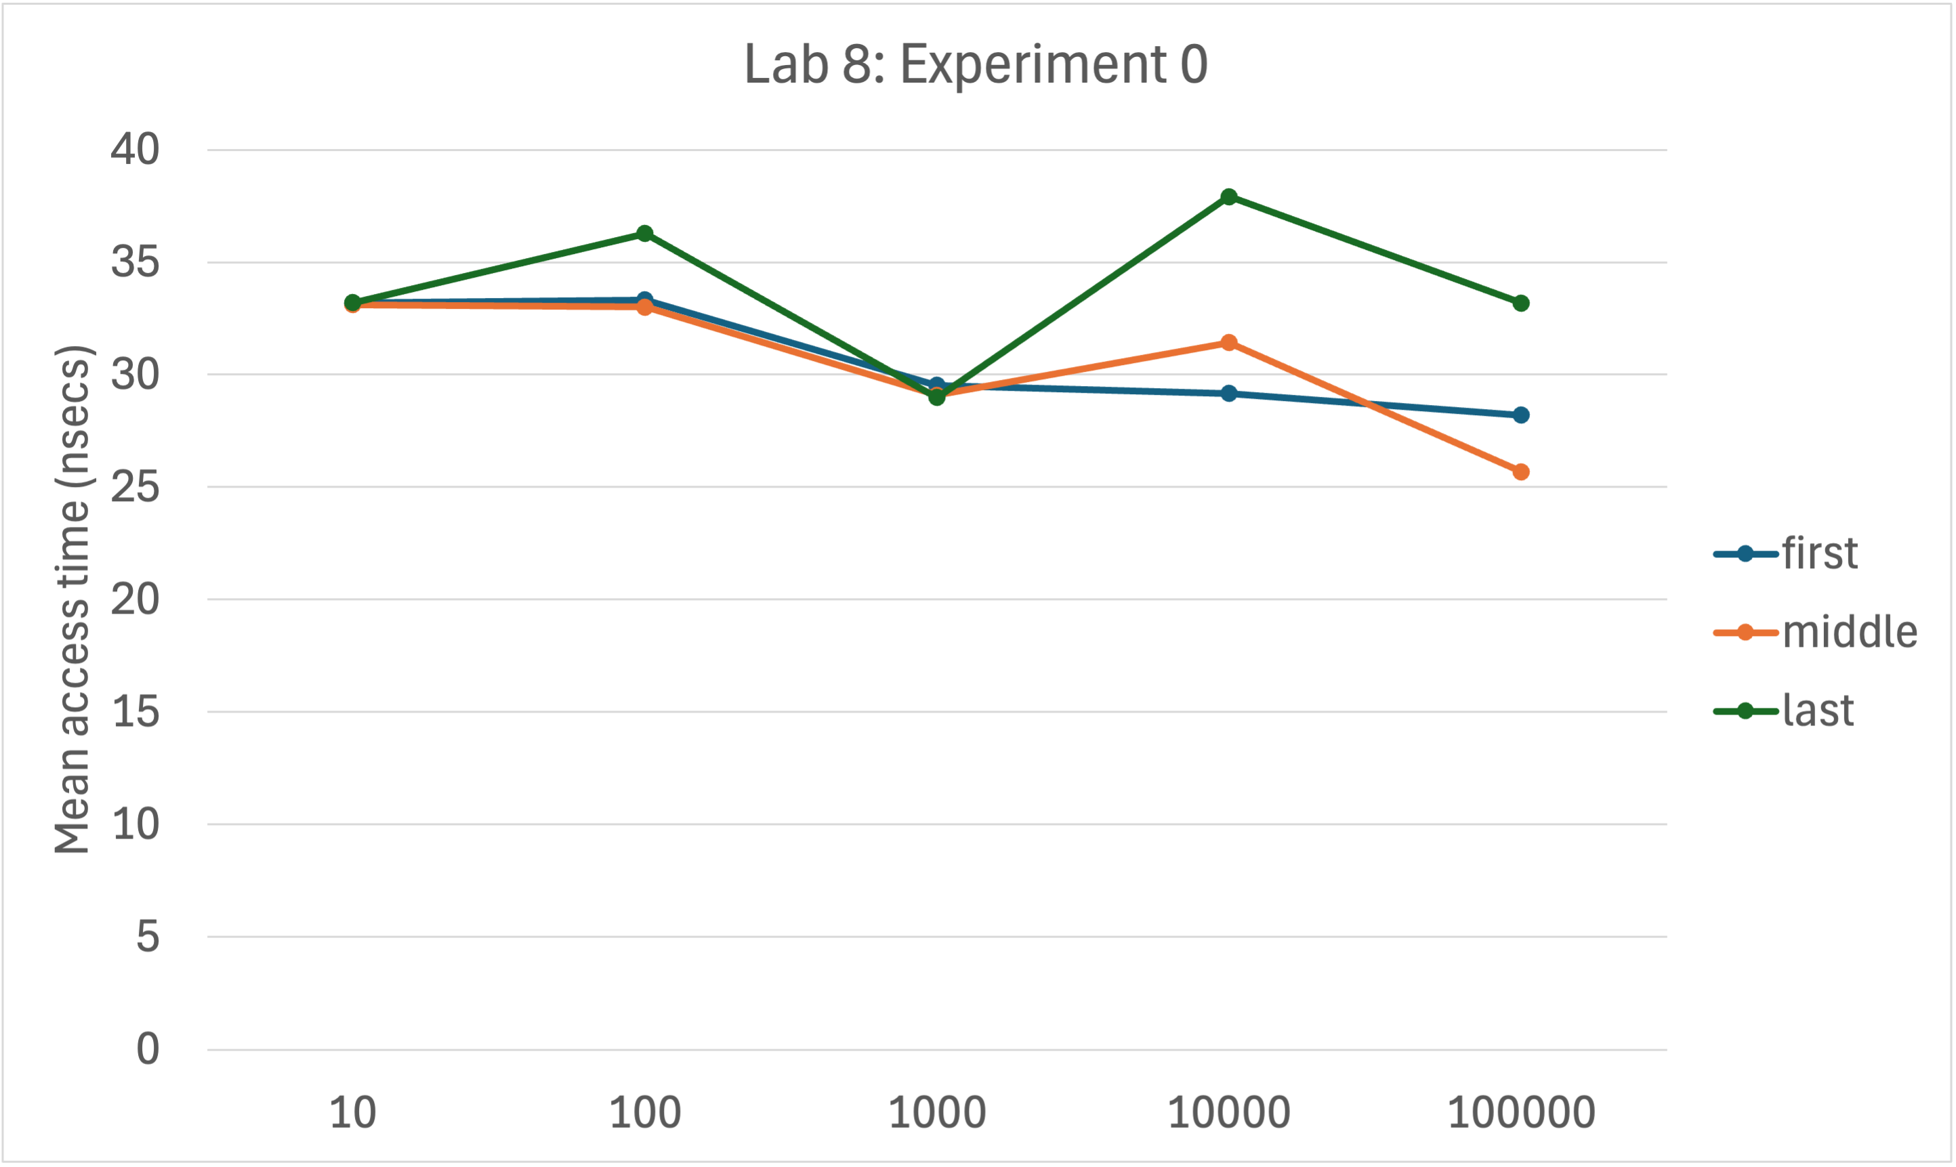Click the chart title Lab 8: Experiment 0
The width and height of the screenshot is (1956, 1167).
975,64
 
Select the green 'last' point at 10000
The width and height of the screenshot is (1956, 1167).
1228,196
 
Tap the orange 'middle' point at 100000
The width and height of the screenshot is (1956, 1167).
1521,472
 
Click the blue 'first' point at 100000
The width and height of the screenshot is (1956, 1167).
1521,415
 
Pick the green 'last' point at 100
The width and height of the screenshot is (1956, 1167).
645,234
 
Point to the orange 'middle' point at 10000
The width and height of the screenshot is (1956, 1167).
1228,343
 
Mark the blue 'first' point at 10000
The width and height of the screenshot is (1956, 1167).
1228,394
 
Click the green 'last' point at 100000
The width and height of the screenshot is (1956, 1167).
1521,303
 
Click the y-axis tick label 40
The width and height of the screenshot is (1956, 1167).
135,150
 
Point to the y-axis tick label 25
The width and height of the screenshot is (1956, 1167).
135,488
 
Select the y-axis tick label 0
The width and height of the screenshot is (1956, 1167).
147,1049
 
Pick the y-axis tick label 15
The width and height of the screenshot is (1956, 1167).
135,713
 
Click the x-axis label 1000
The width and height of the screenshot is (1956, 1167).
937,1113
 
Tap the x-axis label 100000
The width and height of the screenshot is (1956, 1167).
1521,1113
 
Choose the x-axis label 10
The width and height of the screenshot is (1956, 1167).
352,1113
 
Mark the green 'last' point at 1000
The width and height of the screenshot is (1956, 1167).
937,398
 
